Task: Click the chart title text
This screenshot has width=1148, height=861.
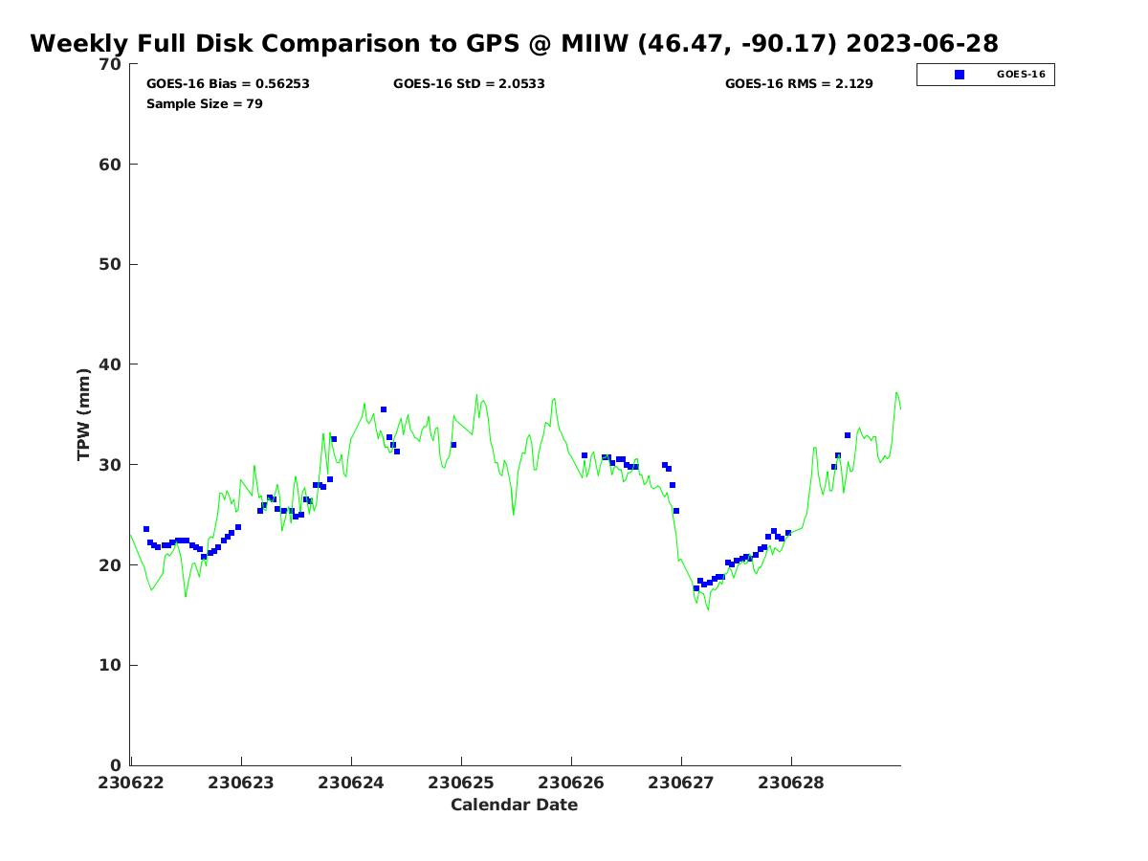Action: point(514,44)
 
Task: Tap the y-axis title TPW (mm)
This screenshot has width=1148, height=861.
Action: point(84,414)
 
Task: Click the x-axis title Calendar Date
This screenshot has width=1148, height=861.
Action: point(514,806)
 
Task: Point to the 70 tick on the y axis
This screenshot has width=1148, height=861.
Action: point(111,64)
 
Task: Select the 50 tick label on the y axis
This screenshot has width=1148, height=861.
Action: point(111,265)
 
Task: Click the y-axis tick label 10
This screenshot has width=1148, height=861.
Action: point(111,666)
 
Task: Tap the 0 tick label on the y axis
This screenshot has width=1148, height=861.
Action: point(117,765)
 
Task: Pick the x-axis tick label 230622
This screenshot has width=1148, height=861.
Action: point(131,783)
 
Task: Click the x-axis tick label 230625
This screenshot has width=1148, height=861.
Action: point(461,783)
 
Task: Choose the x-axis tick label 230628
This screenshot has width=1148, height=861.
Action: point(791,783)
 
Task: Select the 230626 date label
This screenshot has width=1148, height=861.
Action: point(571,783)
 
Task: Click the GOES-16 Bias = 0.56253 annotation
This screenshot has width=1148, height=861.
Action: point(228,84)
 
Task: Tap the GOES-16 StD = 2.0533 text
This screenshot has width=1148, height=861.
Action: point(469,84)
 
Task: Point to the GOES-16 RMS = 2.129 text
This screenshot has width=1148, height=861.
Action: point(799,84)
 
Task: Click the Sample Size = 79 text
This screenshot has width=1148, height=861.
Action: point(205,103)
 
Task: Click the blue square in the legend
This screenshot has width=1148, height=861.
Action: point(960,75)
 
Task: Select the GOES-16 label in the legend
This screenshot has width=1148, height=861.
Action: point(1021,75)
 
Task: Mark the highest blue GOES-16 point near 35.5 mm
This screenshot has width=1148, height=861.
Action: point(384,409)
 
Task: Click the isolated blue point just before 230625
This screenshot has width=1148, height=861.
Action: point(453,445)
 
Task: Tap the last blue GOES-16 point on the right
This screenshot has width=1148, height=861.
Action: point(848,435)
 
